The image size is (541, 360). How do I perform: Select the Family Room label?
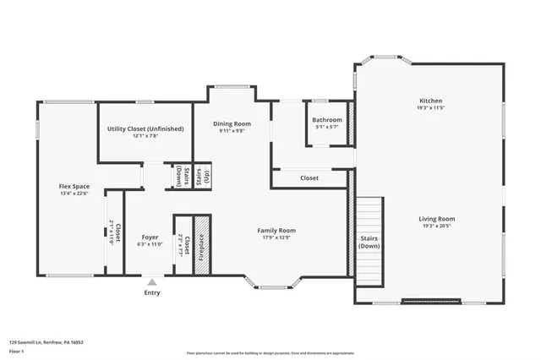(x=276, y=230)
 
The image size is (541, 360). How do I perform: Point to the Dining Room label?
(x=232, y=123)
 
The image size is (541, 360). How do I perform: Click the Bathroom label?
(x=326, y=120)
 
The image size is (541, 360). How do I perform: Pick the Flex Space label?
(x=74, y=186)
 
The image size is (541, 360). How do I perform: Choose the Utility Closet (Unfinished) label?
(x=145, y=128)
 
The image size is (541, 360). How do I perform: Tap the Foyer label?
(x=150, y=237)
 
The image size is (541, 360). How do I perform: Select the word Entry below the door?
(x=151, y=292)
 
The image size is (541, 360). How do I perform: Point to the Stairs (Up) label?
(x=202, y=177)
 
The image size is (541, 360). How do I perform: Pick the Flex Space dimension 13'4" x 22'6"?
(x=74, y=194)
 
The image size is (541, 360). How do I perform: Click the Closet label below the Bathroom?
(x=309, y=178)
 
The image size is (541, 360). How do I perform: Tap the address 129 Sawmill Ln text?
(x=46, y=343)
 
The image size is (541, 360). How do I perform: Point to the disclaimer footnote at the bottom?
(x=270, y=352)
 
